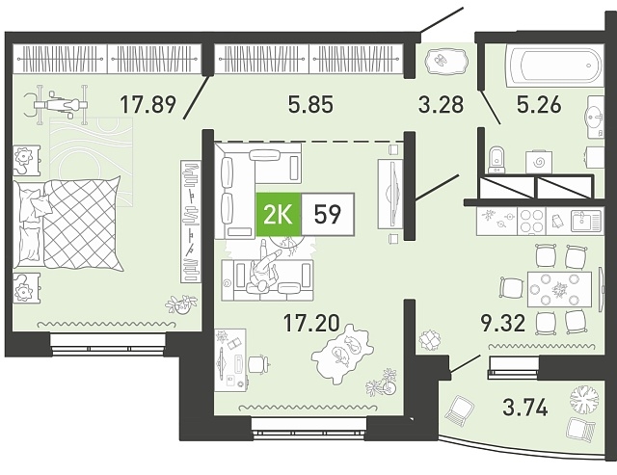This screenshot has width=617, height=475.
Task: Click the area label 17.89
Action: pyautogui.click(x=148, y=105)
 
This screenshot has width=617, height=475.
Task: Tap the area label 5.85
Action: pyautogui.click(x=310, y=105)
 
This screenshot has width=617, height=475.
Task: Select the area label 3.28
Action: pyautogui.click(x=442, y=105)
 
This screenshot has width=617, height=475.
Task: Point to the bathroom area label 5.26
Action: pyautogui.click(x=539, y=105)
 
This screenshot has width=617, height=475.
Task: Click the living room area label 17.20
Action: pyautogui.click(x=311, y=323)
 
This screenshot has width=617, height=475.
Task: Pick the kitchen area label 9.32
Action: pyautogui.click(x=503, y=323)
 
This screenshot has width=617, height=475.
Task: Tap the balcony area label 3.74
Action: pyautogui.click(x=524, y=408)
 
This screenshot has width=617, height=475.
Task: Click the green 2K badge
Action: pyautogui.click(x=279, y=214)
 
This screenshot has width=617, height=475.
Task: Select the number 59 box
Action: pyautogui.click(x=328, y=214)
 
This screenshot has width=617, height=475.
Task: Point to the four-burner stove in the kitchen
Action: pyautogui.click(x=531, y=221)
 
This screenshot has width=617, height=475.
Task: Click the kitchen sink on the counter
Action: pyautogui.click(x=586, y=221)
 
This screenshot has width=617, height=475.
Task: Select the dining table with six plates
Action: pyautogui.click(x=559, y=289)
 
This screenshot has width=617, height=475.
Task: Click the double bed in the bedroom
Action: pyautogui.click(x=67, y=224)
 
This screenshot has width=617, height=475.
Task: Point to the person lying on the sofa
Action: pyautogui.click(x=264, y=268)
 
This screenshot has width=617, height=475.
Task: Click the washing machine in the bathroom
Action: pyautogui.click(x=538, y=162)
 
